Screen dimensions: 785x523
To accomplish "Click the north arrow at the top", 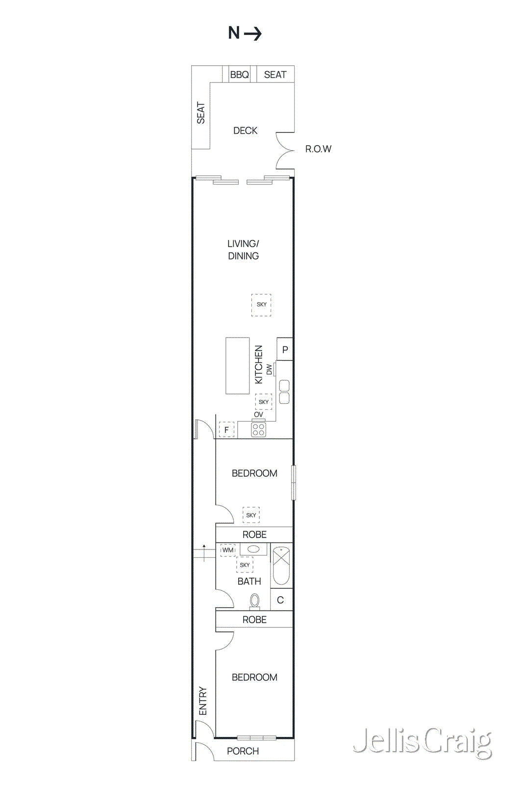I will click(x=245, y=33).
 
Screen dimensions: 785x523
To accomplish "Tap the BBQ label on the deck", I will click(x=239, y=75).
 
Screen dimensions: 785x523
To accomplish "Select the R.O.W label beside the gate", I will click(x=318, y=149).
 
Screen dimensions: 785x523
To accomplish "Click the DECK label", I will click(x=245, y=131).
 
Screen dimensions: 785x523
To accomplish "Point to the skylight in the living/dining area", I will click(x=261, y=305).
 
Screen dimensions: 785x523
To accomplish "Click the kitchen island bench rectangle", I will click(x=238, y=366).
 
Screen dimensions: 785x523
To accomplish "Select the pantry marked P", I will click(x=285, y=349).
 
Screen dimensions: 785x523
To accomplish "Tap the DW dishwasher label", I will click(x=269, y=369).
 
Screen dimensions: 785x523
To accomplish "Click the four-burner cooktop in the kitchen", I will click(x=258, y=430).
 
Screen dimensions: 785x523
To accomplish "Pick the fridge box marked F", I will click(x=226, y=430).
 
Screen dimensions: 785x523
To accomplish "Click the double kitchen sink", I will click(x=284, y=392).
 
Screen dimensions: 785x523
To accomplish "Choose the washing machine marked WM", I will click(x=228, y=550).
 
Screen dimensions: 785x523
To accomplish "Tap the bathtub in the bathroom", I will click(x=281, y=566).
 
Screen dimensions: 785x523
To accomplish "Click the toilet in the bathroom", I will click(x=254, y=601).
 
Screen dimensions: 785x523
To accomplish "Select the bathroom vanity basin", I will click(x=253, y=549).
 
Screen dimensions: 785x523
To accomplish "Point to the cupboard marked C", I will click(x=281, y=600).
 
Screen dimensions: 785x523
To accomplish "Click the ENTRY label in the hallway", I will click(x=203, y=701).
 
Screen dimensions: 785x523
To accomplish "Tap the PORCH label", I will click(x=243, y=751).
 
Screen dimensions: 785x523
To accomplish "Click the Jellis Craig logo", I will click(x=422, y=742).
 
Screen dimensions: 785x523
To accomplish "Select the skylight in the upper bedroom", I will click(x=251, y=515).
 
